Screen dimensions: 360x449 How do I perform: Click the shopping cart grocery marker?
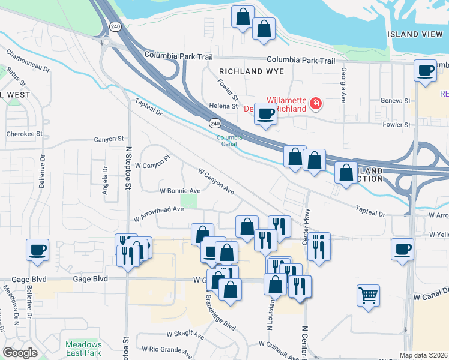coord(368,295)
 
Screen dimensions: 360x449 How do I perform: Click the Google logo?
coord(20,352)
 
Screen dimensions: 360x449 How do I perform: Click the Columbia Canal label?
coord(229,140)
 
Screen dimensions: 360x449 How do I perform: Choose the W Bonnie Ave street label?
coord(179,191)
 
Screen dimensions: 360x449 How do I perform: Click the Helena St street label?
coord(223,106)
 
